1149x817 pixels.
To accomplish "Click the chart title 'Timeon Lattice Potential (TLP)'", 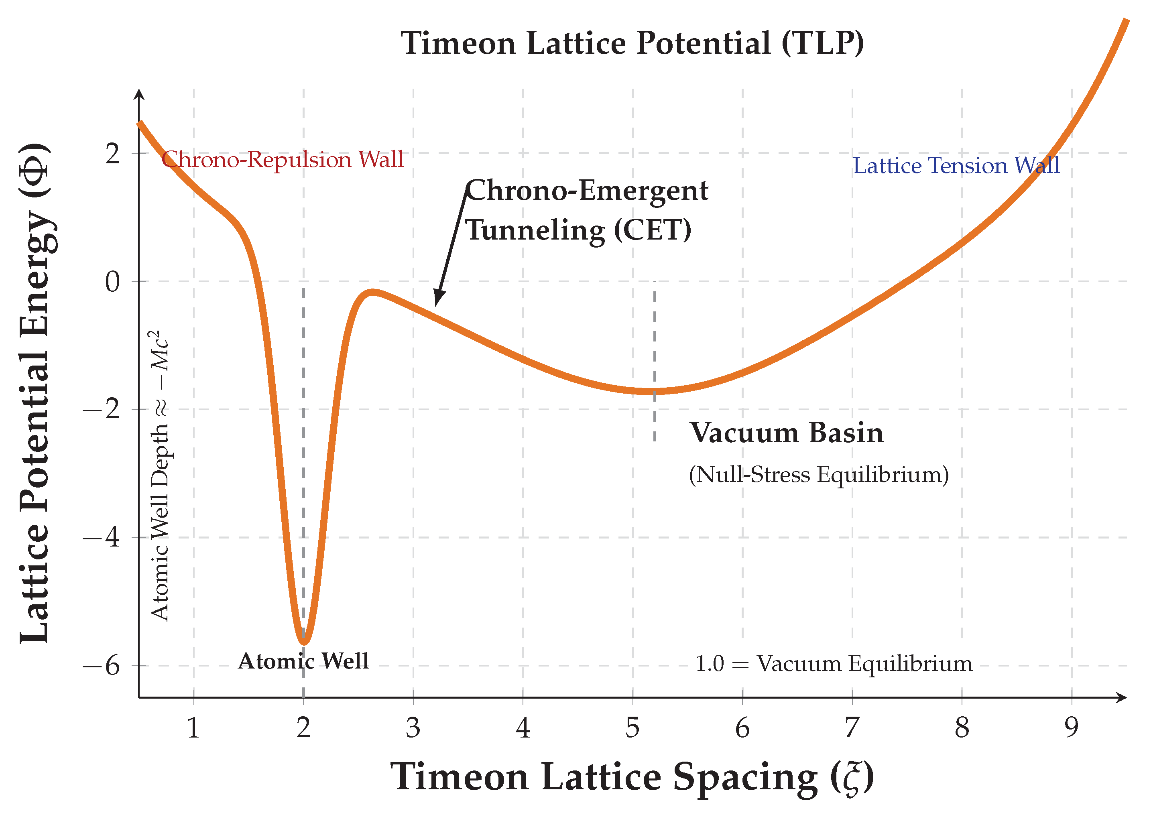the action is [632, 43].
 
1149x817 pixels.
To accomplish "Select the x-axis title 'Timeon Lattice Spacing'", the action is [604, 777].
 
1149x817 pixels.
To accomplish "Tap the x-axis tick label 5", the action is [632, 728].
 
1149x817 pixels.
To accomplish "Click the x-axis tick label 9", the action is [1072, 728].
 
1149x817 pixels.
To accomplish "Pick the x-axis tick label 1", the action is [194, 728].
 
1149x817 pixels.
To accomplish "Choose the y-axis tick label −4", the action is [102, 537].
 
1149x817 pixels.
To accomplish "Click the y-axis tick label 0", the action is [113, 281].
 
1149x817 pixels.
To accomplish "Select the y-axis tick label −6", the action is [102, 666].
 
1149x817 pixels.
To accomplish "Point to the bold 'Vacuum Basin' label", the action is [786, 433].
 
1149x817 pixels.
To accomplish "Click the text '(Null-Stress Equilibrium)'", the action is [818, 474].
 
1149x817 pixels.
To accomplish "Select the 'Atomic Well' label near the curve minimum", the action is [303, 661].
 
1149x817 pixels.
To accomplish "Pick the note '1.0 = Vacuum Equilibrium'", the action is [834, 664].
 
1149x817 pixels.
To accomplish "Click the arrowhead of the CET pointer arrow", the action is [438, 299].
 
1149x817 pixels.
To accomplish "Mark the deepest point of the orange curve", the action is [304, 642].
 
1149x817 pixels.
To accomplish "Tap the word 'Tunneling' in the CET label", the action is [535, 230].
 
